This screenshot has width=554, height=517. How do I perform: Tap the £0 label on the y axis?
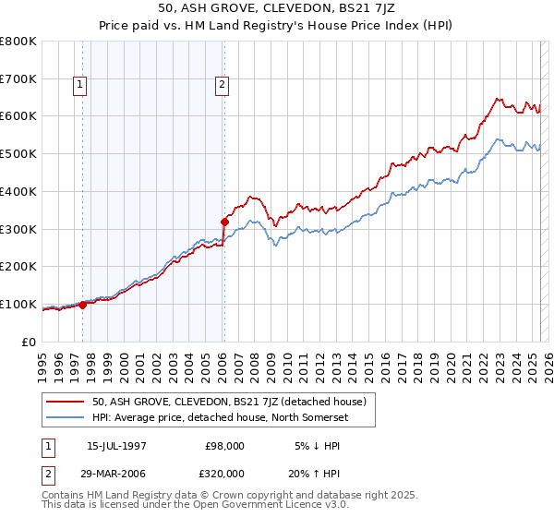click(29, 342)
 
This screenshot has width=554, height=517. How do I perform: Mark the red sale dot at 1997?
click(83, 304)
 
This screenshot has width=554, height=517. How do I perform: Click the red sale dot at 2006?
click(224, 222)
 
